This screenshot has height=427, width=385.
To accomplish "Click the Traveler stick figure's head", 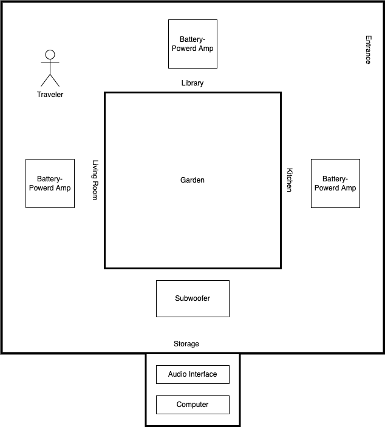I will point(50,54).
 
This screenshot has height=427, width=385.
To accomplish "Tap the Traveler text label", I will point(50,95).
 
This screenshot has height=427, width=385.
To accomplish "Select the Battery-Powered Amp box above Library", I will point(192,44).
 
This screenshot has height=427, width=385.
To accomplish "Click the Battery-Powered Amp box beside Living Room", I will point(50,183).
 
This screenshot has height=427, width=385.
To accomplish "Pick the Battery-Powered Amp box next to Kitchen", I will point(335,183).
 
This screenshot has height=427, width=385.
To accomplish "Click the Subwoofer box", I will point(192,298).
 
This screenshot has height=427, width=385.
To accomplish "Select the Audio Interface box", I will point(192,374).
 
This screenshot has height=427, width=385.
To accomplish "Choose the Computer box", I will point(192,405).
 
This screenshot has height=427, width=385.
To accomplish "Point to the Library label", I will point(192,83).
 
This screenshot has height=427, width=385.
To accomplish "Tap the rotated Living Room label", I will point(95,180).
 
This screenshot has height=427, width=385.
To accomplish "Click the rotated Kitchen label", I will point(290,180).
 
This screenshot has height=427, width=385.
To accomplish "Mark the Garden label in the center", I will point(192,180).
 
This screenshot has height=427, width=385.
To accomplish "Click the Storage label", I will point(186,344).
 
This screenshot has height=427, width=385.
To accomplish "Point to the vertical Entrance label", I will point(368,50).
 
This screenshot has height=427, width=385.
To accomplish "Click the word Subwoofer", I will point(192,298).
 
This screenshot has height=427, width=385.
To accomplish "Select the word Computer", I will point(192,405).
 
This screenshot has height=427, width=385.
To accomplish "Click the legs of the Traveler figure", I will point(50,79).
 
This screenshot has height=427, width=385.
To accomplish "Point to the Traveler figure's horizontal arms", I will point(50,62).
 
